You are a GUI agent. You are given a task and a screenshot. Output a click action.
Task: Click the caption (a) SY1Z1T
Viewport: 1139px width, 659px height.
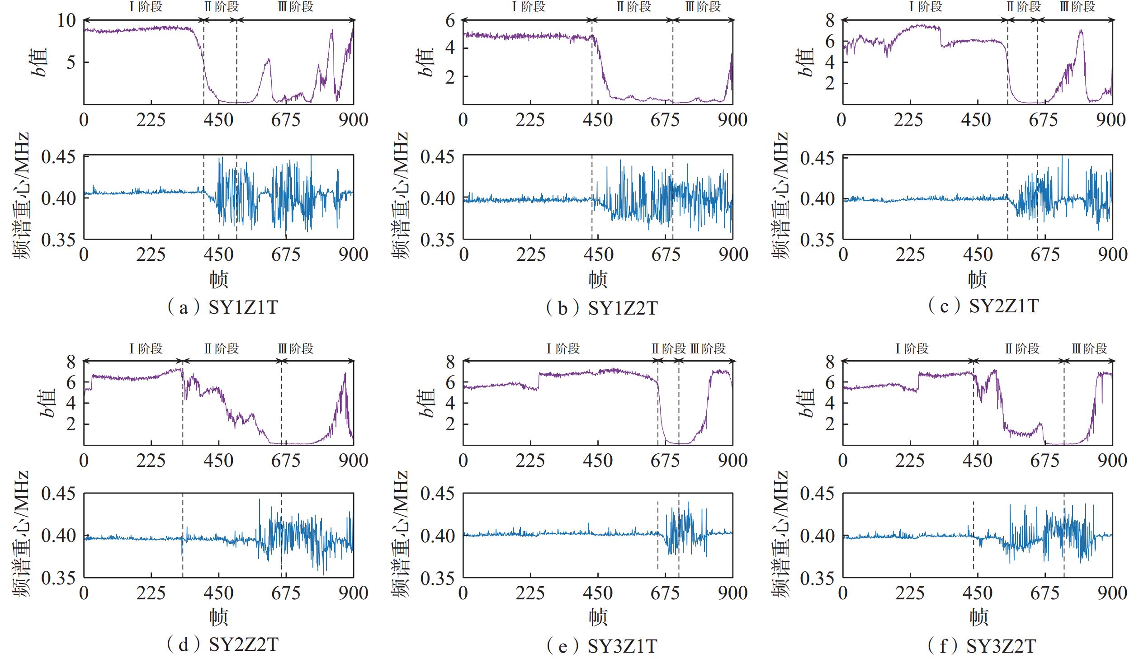tap(222, 307)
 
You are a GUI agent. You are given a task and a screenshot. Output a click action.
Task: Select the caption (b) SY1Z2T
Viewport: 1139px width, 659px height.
tap(601, 308)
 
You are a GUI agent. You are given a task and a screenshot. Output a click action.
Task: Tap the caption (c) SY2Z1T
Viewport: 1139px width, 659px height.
tap(983, 306)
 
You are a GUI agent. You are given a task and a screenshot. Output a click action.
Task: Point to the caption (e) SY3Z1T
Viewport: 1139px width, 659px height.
tap(601, 646)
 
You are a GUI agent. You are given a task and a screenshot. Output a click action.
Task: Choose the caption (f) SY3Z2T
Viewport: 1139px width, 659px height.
tap(982, 646)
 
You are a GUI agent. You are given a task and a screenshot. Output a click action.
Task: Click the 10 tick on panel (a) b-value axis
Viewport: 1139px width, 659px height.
tap(66, 20)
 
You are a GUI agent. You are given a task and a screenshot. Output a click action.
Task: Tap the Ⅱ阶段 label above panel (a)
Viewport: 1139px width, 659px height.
tap(221, 6)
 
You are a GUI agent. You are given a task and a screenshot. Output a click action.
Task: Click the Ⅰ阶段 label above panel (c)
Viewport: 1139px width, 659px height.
tap(925, 6)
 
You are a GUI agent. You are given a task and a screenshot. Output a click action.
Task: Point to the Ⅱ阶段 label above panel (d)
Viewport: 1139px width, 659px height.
tap(221, 348)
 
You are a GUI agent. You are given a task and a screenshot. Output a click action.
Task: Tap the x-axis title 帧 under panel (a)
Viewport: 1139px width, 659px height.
tap(219, 279)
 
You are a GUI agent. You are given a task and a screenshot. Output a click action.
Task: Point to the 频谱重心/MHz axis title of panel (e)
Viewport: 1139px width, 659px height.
tap(400, 535)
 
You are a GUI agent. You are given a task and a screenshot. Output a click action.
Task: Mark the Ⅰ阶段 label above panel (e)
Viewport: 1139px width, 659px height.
tap(562, 348)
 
